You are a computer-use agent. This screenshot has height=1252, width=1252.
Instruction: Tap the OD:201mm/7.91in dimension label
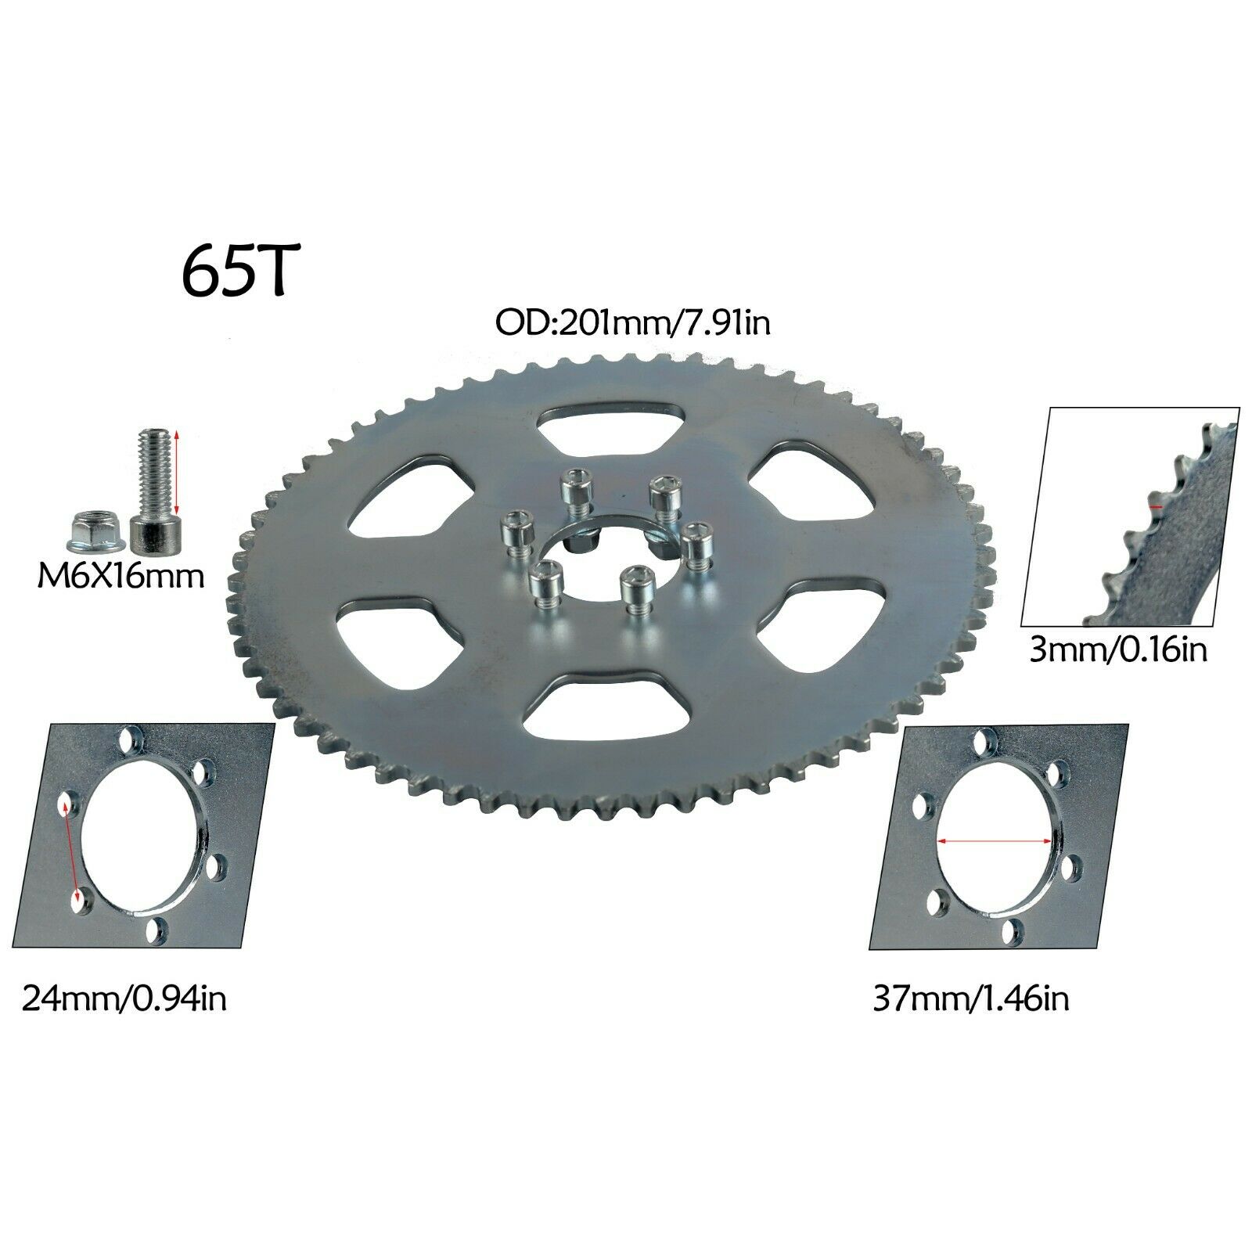click(x=632, y=322)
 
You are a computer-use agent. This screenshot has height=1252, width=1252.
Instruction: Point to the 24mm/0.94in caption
click(x=124, y=999)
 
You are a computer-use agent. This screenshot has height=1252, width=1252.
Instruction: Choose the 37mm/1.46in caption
click(x=970, y=999)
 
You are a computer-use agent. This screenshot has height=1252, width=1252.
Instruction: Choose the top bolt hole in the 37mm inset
click(x=983, y=739)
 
